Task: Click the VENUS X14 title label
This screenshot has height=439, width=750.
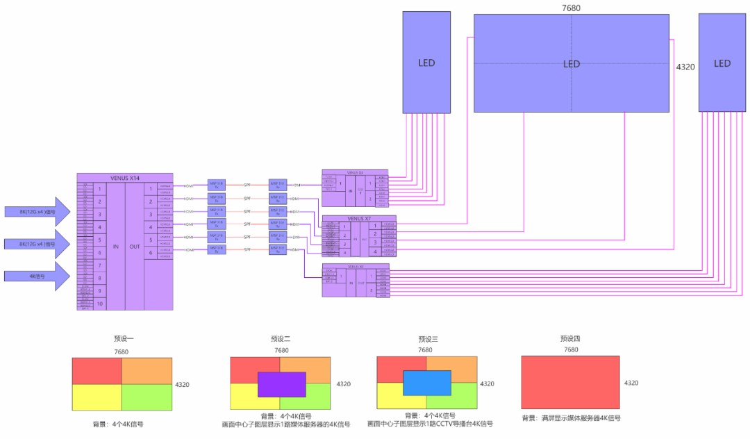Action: tap(125, 177)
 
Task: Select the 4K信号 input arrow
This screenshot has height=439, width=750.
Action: tap(37, 276)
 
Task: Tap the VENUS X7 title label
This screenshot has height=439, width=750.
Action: tap(359, 218)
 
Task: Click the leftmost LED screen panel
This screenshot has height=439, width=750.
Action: tap(426, 63)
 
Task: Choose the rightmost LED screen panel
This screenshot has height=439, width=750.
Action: tap(722, 63)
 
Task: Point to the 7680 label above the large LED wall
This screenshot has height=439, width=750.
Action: tap(571, 8)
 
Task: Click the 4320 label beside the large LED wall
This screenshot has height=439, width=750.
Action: tap(685, 67)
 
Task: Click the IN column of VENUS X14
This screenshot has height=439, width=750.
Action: tap(116, 247)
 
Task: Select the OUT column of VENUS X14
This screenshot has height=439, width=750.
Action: tap(135, 247)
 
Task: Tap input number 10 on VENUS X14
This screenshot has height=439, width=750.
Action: tap(100, 304)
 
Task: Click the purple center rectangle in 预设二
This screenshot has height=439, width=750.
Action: tap(281, 384)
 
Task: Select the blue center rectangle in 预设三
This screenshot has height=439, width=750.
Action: tap(427, 383)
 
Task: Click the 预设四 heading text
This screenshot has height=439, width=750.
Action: tap(570, 339)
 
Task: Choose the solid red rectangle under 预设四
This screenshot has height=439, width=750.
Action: tap(570, 382)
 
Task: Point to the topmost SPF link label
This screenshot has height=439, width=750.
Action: tap(247, 185)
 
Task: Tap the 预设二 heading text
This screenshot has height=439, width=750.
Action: tap(281, 339)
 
